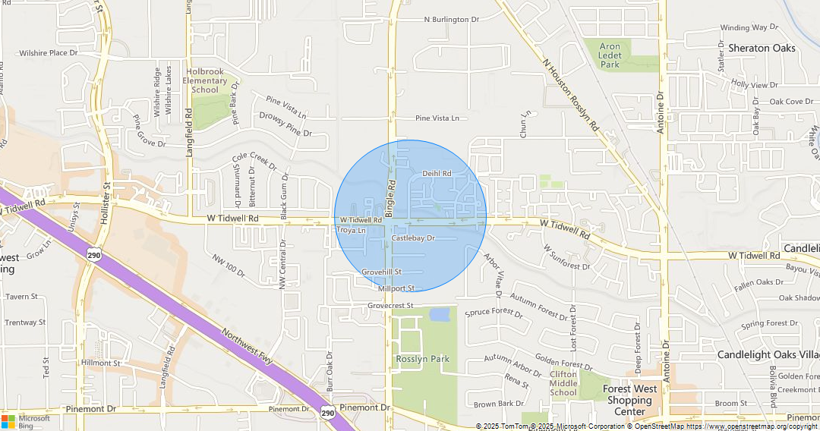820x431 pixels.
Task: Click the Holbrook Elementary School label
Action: tap(205, 80)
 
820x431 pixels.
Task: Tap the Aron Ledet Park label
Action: tap(610, 55)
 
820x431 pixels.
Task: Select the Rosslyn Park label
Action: tap(422, 359)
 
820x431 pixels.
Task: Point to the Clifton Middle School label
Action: tap(563, 383)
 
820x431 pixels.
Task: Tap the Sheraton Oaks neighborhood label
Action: tap(762, 48)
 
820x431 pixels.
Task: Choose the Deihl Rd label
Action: tap(437, 174)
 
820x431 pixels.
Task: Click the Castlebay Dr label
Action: tap(413, 238)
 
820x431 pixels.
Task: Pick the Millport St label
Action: tap(396, 288)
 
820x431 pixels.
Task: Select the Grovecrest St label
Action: tap(389, 306)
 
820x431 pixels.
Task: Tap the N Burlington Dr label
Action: tap(452, 20)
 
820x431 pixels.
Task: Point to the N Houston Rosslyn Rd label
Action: tap(570, 97)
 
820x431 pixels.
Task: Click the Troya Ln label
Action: tap(351, 230)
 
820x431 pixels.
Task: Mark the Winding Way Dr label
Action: tap(744, 28)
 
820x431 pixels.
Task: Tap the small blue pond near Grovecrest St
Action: tap(440, 314)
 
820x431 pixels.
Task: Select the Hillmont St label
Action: tap(101, 363)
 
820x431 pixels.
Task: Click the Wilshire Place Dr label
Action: tap(49, 53)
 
